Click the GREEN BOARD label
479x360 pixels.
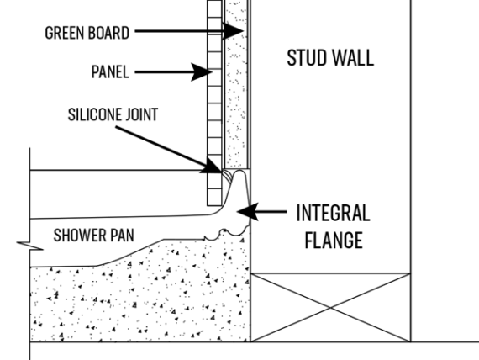(x=87, y=33)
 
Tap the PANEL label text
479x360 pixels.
(x=110, y=72)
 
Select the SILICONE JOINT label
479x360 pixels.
(x=113, y=114)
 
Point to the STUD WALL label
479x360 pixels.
(x=330, y=57)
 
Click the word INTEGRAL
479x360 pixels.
(x=333, y=213)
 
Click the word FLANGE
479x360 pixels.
(x=334, y=240)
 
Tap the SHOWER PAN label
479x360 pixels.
(x=93, y=236)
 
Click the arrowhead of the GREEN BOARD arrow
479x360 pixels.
(x=233, y=30)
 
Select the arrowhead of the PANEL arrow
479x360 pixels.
(x=202, y=72)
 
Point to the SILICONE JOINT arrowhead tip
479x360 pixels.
(x=222, y=172)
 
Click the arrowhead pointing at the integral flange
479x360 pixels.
(x=248, y=211)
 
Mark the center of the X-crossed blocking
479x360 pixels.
(x=330, y=307)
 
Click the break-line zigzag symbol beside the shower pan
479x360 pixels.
(x=30, y=246)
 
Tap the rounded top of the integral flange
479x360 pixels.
(x=239, y=172)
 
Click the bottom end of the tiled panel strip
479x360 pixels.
(x=214, y=205)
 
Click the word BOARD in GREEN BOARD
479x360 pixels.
(x=111, y=33)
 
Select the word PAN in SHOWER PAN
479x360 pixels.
(x=122, y=236)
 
